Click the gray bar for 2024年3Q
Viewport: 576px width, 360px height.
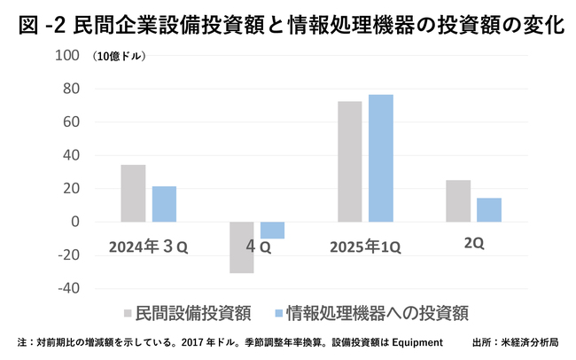tap(133, 193)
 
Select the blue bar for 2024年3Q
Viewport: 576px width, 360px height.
tap(164, 204)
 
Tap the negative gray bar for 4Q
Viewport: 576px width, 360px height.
tap(241, 247)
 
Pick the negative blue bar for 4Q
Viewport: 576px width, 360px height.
tap(272, 231)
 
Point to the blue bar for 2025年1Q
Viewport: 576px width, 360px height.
tap(380, 158)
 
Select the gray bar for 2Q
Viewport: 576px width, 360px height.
tap(458, 201)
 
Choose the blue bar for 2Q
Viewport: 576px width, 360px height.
tap(489, 210)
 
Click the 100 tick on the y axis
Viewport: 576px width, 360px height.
tap(66, 56)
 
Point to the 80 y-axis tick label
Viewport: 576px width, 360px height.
tap(70, 89)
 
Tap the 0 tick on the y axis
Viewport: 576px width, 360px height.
tap(74, 222)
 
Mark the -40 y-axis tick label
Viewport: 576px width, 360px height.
tap(67, 288)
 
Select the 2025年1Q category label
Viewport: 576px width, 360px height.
tap(363, 247)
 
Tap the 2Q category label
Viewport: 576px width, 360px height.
tap(473, 245)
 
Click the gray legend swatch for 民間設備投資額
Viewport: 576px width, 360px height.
tap(129, 313)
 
